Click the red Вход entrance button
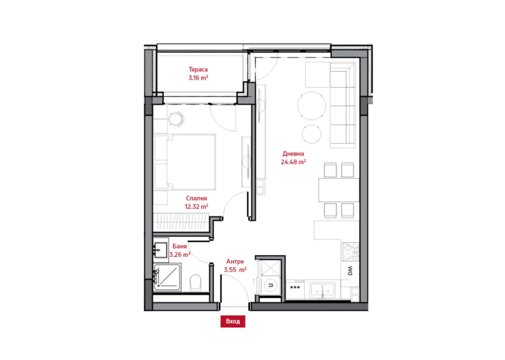(x=233, y=321)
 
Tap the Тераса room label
(x=198, y=69)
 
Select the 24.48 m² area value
(x=293, y=162)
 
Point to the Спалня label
(x=196, y=198)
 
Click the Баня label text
(x=180, y=246)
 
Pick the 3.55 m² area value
(x=235, y=269)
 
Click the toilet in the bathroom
(x=196, y=282)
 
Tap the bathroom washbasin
(x=160, y=250)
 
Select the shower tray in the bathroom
(x=167, y=277)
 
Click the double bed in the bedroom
(x=184, y=162)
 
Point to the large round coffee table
(x=311, y=106)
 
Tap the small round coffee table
(x=311, y=134)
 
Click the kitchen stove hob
(x=350, y=252)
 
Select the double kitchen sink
(x=323, y=290)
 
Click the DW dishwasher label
(x=350, y=271)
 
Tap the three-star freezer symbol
(x=295, y=287)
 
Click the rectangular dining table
(x=339, y=190)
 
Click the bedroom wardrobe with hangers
(x=181, y=221)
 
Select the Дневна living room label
(x=293, y=154)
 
